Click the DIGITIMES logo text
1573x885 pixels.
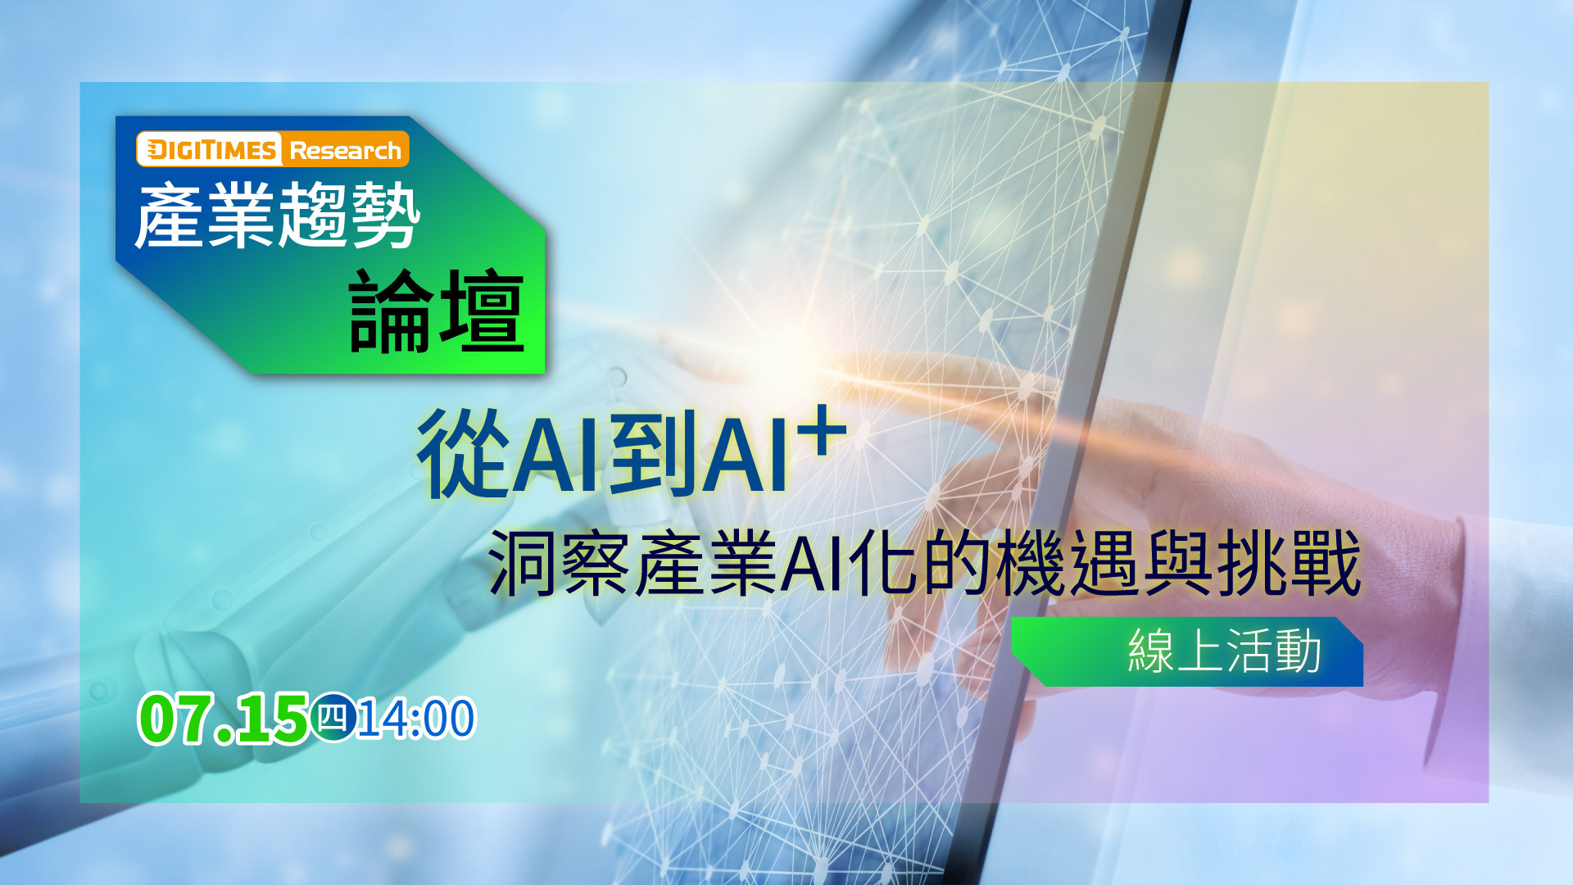coord(210,150)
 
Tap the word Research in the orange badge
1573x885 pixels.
coord(345,151)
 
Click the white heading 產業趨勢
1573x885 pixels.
coord(278,216)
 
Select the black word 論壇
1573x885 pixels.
coord(437,311)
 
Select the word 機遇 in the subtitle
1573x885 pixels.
coord(1069,563)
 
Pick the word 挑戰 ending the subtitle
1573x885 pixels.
coord(1289,563)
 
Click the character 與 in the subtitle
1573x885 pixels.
coord(1179,563)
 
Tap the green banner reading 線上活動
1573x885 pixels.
coord(1187,651)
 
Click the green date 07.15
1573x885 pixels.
coord(223,719)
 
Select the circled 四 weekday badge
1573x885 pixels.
coord(333,717)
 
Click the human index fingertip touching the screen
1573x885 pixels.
coord(840,366)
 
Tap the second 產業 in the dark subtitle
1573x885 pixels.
coord(705,563)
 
